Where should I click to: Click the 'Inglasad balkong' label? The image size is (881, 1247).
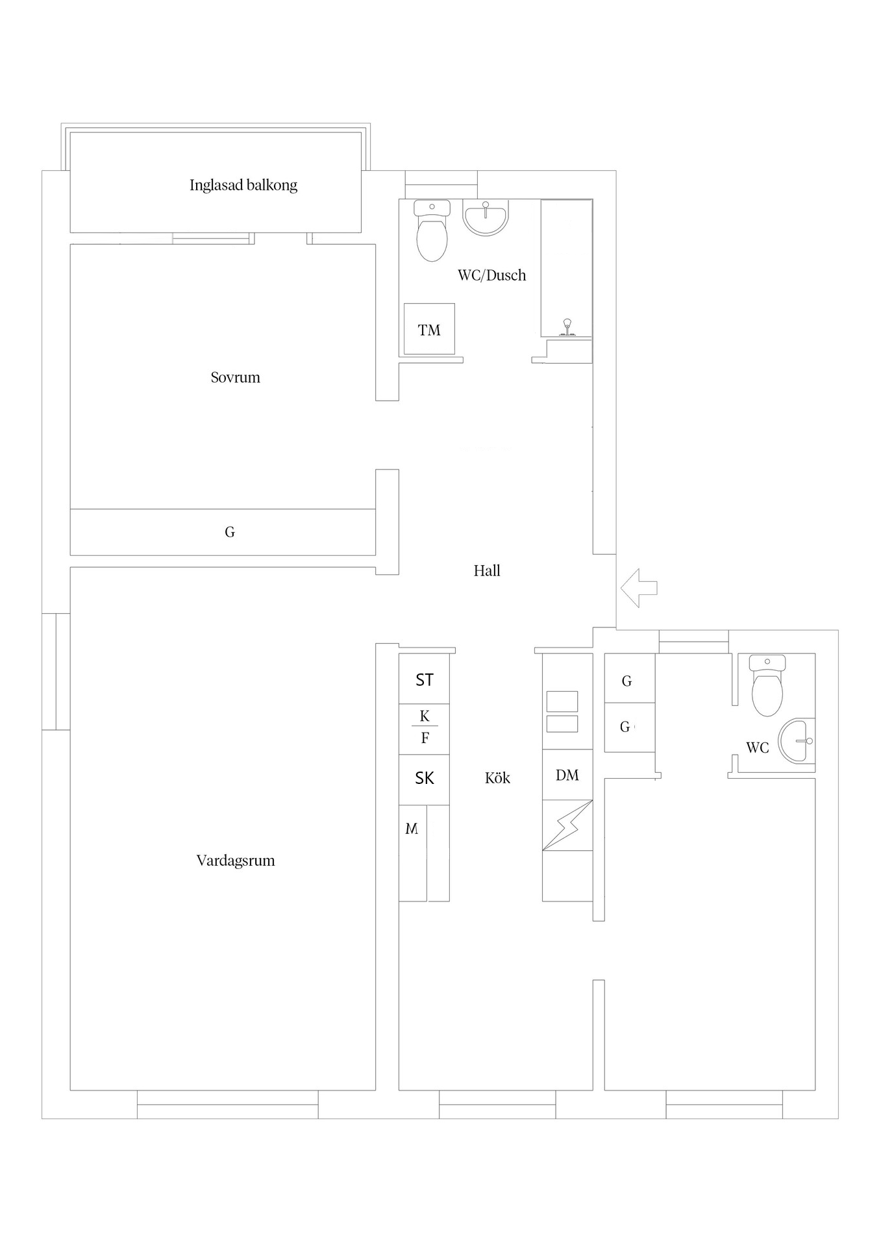[x=243, y=185]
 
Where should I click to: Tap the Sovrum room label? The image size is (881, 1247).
[x=235, y=377]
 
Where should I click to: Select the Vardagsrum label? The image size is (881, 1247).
[x=236, y=861]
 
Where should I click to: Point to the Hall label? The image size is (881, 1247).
[x=487, y=571]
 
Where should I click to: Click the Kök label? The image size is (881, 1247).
[x=497, y=778]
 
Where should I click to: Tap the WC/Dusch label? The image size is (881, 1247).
[x=491, y=275]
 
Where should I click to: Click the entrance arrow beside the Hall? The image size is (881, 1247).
[x=639, y=588]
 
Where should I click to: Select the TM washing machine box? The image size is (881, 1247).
[x=429, y=329]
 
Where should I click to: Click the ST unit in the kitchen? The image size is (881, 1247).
[x=424, y=679]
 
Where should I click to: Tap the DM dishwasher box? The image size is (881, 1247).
[x=567, y=775]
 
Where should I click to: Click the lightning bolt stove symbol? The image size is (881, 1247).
[x=567, y=825]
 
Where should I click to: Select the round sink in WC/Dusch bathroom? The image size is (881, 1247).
[x=486, y=217]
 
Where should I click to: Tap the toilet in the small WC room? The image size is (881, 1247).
[x=767, y=685]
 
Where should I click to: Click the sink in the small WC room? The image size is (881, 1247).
[x=797, y=740]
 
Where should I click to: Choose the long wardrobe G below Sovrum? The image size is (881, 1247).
[x=223, y=532]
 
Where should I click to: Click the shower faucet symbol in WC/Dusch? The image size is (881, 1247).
[x=567, y=327]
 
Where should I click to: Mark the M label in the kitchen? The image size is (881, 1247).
[x=412, y=829]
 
